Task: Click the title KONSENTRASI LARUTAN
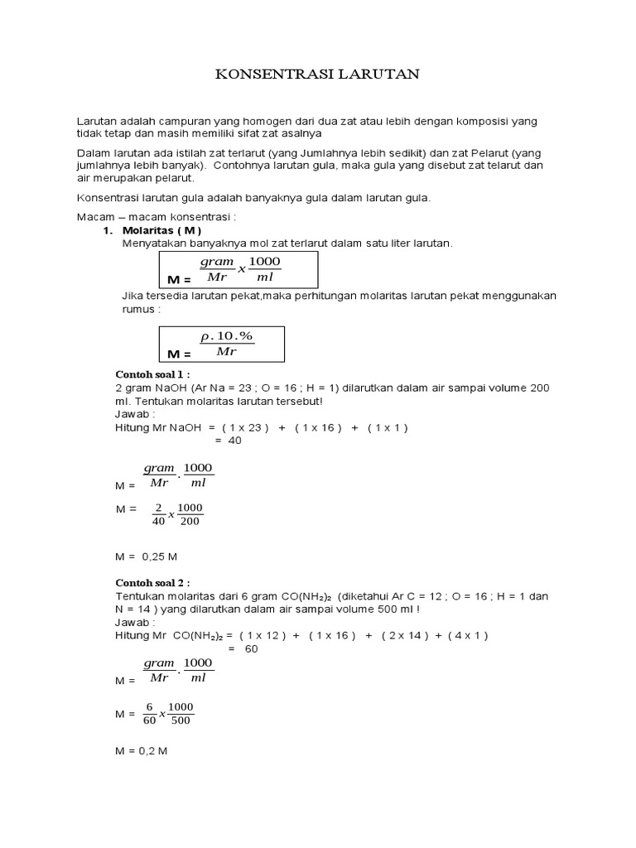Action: pos(318,75)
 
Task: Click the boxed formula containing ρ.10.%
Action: pos(221,344)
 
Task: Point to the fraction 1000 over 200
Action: pos(190,514)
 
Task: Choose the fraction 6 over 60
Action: pos(149,713)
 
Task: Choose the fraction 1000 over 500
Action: pos(181,713)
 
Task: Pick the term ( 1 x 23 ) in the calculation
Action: pos(248,427)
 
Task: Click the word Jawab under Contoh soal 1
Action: pos(135,414)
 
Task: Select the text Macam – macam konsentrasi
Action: pos(155,216)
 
